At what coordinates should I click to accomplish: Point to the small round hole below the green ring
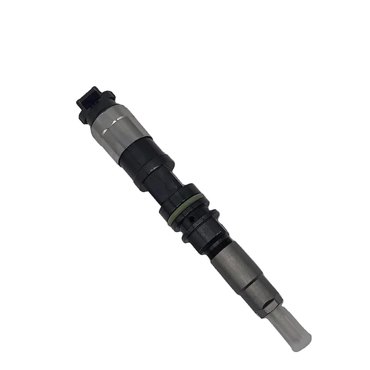192,219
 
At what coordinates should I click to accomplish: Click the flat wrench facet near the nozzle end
270,306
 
